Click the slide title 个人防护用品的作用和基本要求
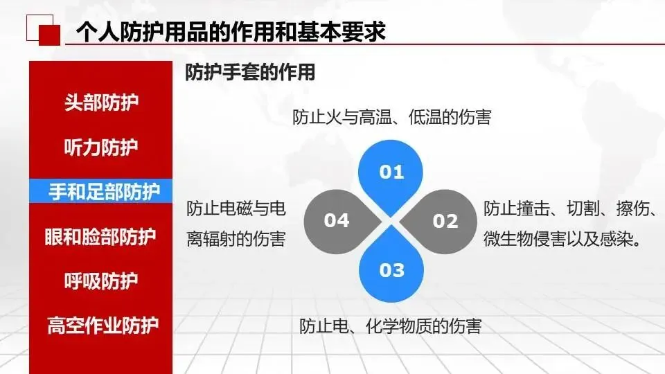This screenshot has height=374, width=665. [231, 32]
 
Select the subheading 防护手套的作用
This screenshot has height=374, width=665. [250, 72]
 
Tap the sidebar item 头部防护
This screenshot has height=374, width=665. [101, 103]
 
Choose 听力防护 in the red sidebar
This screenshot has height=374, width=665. [101, 147]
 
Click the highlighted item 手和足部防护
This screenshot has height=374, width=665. [104, 192]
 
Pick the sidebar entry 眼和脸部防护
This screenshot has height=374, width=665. [100, 237]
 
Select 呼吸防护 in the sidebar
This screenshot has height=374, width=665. [101, 280]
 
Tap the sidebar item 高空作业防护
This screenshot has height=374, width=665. [103, 326]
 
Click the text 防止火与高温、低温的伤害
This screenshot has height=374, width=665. [392, 117]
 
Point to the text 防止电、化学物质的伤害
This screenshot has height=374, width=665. [391, 326]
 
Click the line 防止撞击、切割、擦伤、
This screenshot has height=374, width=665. [569, 208]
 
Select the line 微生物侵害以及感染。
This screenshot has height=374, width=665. [562, 239]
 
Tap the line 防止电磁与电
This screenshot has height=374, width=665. [236, 208]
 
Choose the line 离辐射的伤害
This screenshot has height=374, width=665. [236, 239]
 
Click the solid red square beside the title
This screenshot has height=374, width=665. [50, 35]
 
